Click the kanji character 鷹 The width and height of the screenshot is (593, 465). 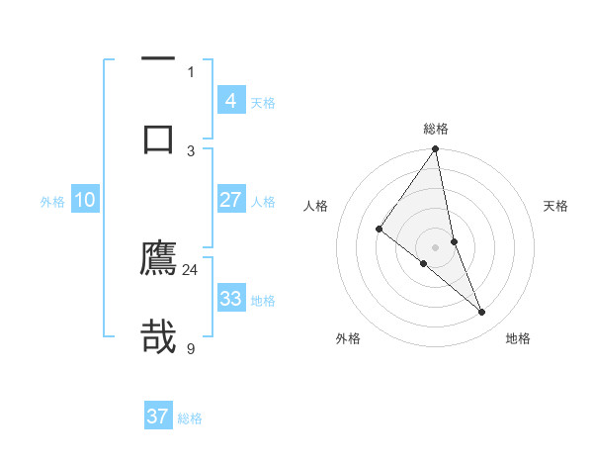tap(158, 258)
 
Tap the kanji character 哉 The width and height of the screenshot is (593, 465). tap(158, 337)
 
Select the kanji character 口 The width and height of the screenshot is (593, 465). tap(158, 139)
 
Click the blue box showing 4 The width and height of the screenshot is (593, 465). tap(230, 101)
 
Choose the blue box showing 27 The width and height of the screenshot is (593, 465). tap(230, 200)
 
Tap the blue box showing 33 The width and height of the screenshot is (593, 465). tap(230, 299)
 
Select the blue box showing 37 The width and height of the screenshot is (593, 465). tap(158, 417)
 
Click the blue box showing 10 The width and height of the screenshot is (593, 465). tap(84, 200)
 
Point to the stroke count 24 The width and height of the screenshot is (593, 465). tap(191, 269)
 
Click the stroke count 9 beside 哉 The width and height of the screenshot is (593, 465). tap(191, 347)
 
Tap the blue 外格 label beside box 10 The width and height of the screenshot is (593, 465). tap(52, 202)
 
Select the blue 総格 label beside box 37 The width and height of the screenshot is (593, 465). tap(190, 418)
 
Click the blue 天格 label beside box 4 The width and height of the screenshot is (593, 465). tap(263, 103)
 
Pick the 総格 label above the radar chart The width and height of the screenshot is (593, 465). tap(436, 129)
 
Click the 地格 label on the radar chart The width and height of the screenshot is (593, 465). tap(518, 338)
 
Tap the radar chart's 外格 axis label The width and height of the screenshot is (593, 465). tap(348, 338)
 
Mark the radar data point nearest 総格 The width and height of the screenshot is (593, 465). tap(436, 149)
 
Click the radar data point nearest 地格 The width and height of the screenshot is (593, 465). tap(482, 312)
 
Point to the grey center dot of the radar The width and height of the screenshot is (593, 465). tap(436, 246)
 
